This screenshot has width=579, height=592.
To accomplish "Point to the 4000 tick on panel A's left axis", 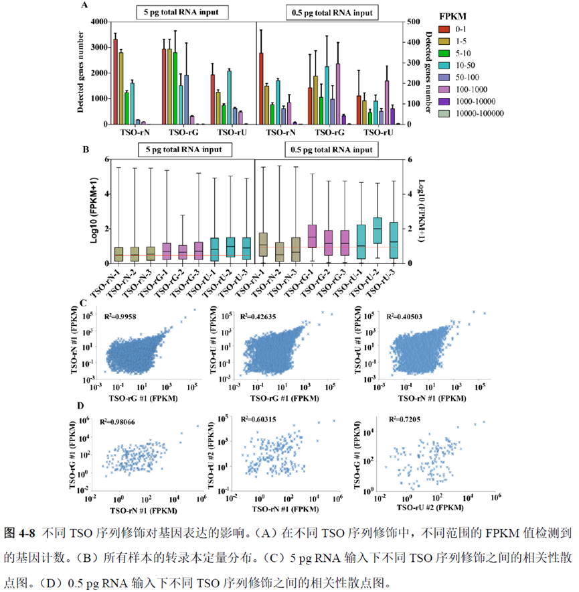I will click(x=98, y=22).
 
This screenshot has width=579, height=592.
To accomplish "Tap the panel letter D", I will click(x=81, y=405).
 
